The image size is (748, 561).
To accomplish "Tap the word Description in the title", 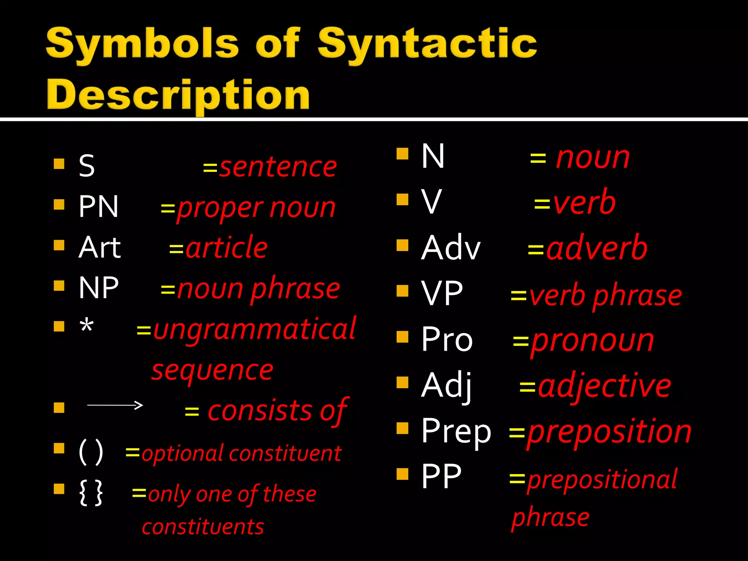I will point(178,95).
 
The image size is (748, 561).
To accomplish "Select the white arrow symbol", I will point(115,405).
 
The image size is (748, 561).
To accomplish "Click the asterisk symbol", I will point(87,325).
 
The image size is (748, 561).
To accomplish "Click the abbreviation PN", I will point(99,207).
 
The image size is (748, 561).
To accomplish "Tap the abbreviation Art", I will point(99,248).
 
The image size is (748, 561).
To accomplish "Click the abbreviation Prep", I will point(456,431).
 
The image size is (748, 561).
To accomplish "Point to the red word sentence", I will point(278,167).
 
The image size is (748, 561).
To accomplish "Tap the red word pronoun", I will point(592,341).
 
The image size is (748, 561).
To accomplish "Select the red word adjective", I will point(604,386).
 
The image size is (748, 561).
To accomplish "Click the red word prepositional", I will point(602,480).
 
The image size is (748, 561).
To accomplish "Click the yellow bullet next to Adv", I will point(402,245).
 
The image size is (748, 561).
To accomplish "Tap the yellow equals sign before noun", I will point(538,159).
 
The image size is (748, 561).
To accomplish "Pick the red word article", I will point(227,248).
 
